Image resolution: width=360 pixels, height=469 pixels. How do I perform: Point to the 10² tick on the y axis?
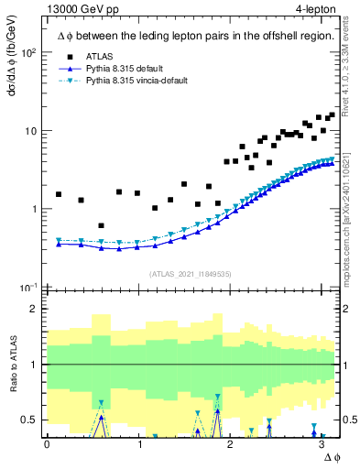29,52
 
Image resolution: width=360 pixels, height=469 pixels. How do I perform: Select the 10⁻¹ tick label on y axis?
29,287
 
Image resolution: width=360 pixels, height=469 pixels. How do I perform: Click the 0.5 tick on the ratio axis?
31,420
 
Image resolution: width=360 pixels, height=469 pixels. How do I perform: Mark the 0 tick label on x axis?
47,443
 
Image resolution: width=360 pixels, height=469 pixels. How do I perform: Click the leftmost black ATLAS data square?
59,194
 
